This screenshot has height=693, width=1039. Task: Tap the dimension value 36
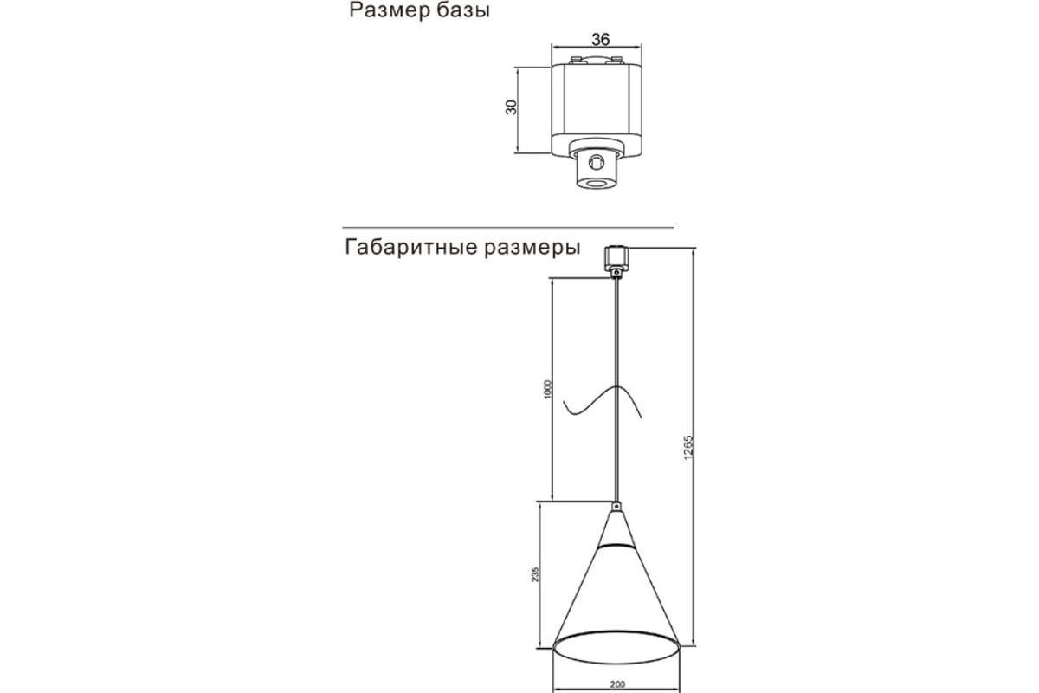[x=600, y=40]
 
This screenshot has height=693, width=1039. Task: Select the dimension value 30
[x=511, y=107]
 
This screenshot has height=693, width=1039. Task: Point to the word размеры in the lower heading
[x=532, y=248]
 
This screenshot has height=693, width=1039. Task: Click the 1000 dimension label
[x=548, y=390]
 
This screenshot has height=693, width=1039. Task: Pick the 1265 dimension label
[x=688, y=448]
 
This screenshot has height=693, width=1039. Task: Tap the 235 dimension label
[x=535, y=574]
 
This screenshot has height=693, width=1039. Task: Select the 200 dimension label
[x=617, y=684]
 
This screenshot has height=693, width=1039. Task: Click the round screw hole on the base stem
[x=596, y=163]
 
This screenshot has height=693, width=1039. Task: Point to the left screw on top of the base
[x=576, y=60]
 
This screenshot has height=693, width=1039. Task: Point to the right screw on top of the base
[x=616, y=60]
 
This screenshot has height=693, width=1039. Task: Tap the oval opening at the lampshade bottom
[x=616, y=647]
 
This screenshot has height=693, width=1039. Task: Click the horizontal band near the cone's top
[x=616, y=546]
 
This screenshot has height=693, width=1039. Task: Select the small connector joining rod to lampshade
[x=616, y=506]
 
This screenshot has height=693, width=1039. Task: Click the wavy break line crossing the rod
[x=603, y=402]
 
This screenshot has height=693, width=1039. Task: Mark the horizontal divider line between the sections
[x=508, y=228]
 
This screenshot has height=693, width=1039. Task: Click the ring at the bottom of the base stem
[x=596, y=184]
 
